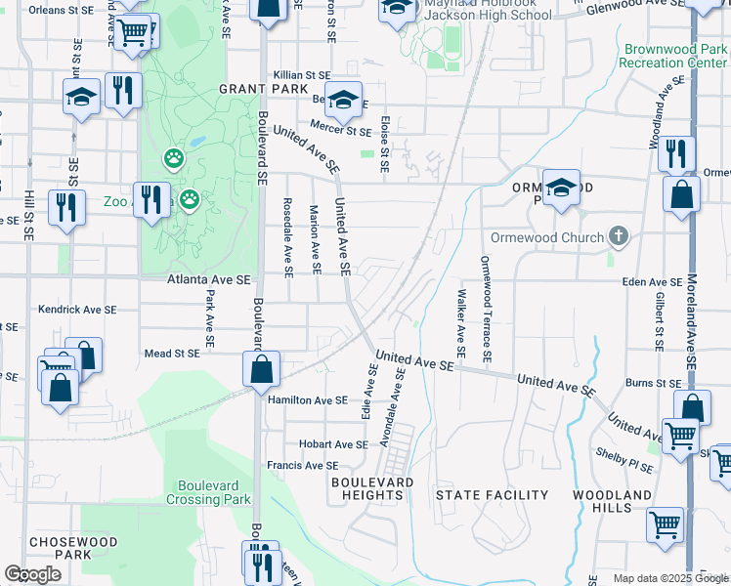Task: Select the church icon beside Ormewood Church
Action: click(x=618, y=236)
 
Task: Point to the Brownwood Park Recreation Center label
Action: click(x=672, y=56)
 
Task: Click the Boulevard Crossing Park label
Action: click(x=215, y=492)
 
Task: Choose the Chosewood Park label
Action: click(x=73, y=548)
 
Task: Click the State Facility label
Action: click(x=492, y=495)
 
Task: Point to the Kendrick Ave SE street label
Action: click(x=77, y=309)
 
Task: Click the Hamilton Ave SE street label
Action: click(x=307, y=399)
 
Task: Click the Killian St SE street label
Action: click(x=302, y=74)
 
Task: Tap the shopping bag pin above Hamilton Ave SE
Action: click(x=261, y=371)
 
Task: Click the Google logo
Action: click(x=33, y=573)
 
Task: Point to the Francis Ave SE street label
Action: click(x=302, y=466)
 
